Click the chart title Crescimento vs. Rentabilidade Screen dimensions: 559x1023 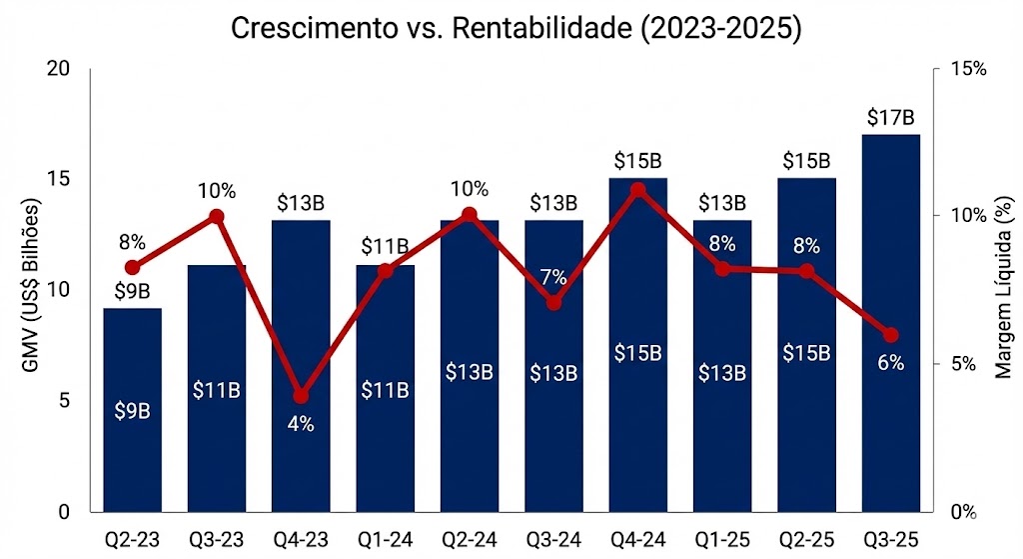pos(516,27)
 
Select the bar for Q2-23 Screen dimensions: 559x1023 pos(133,410)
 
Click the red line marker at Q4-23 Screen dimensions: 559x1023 pos(302,396)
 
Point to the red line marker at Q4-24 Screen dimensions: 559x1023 pos(638,189)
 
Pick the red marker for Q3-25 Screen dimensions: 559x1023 pos(890,335)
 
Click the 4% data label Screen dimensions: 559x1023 pos(301,423)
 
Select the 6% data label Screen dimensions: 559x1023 pos(890,363)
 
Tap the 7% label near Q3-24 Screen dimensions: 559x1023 pos(553,277)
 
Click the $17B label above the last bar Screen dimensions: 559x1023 pos(890,118)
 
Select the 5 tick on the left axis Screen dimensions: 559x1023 pos(63,401)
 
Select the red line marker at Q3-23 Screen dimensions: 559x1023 pos(217,216)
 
